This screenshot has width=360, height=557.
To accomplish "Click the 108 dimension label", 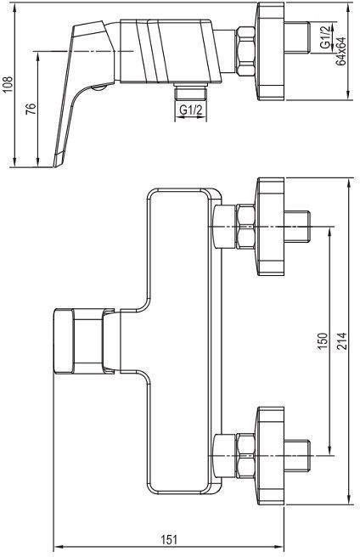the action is pos(8,84).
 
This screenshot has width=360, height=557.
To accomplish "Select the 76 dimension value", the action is pos(31,109).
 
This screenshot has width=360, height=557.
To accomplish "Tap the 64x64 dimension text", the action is pos(341,51).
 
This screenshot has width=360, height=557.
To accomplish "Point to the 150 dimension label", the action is pos(323,341).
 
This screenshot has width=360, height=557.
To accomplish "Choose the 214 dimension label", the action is pos(341,341).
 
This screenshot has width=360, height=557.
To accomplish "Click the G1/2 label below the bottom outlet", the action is pos(190,110).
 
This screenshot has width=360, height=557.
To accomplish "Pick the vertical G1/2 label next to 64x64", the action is pos(325,36).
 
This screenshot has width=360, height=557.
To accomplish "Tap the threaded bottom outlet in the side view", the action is pos(190,93).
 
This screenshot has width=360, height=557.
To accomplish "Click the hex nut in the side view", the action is pos(246,51).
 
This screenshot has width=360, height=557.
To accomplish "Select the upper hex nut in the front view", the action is pos(246,226).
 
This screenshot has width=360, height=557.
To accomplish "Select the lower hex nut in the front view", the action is pos(246,455).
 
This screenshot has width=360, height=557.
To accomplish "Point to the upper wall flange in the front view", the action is pos(271,226).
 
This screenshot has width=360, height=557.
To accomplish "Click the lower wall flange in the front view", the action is pos(271,455).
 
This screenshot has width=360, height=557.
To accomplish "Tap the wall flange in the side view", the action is pos(271,52).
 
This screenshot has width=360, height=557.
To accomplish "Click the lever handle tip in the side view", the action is pos(59,160).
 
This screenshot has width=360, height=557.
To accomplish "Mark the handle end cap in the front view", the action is pos(64,341).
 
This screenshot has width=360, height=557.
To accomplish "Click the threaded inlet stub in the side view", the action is pos(297,37).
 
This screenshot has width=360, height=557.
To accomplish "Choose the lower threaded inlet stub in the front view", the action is pos(297,455).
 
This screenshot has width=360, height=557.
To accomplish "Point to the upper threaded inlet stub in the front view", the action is pos(297,226).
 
